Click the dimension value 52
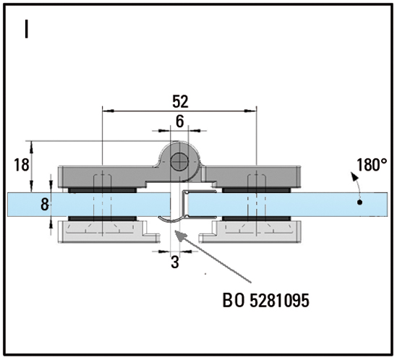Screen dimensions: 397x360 coord(181,101)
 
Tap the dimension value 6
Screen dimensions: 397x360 coord(179,121)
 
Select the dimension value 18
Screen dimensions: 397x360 coord(22,165)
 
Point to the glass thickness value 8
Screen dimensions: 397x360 coord(45,205)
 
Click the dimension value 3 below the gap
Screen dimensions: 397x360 coord(175,262)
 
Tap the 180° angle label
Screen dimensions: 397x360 coord(372,165)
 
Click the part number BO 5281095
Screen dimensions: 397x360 coord(266,301)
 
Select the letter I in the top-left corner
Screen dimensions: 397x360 coord(26,29)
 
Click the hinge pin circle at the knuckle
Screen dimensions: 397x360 coord(179,162)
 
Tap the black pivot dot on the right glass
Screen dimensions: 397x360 coord(359,202)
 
